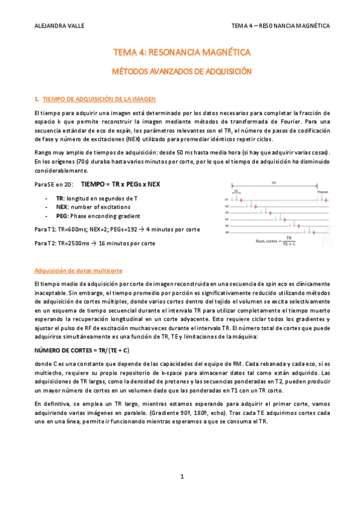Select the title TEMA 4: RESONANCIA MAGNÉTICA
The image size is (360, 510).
tap(181, 53)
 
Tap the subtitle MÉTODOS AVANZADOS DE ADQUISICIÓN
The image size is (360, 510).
tap(181, 71)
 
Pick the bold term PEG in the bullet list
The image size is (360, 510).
tap(61, 216)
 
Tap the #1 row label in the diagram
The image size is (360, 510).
tap(227, 199)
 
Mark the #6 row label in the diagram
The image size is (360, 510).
tap(227, 232)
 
